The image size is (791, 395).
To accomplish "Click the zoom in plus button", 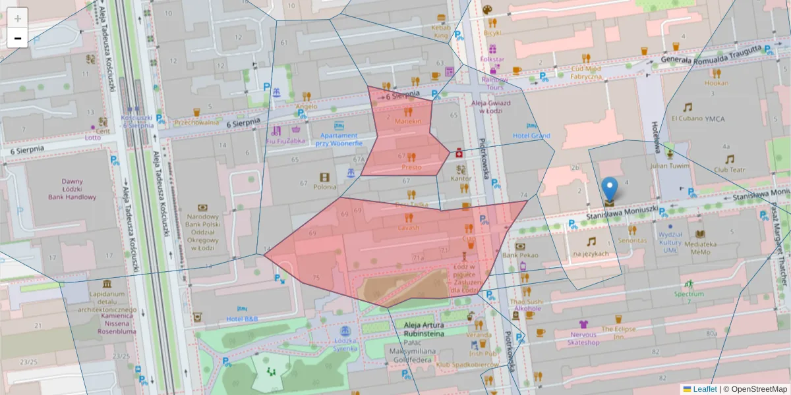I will (x=18, y=18).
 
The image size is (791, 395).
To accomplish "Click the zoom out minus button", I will (x=18, y=38).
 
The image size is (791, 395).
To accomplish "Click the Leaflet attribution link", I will (x=705, y=389).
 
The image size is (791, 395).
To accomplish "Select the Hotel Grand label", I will (x=531, y=136).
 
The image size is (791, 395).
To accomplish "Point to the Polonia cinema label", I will (x=324, y=186).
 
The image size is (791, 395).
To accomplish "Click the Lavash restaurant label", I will (x=408, y=227).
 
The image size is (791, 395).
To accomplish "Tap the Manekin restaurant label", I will (x=408, y=122).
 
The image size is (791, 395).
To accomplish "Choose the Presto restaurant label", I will (x=411, y=167).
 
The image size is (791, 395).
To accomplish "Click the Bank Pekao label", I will (x=521, y=255).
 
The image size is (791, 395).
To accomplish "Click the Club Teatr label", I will (x=729, y=169).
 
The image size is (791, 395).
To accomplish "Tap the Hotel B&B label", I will (x=242, y=319).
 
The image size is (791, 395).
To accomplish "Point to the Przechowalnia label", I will (x=196, y=122).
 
